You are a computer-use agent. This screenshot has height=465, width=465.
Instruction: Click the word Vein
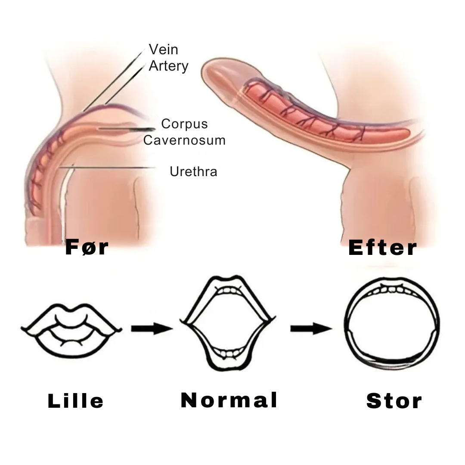click(163, 50)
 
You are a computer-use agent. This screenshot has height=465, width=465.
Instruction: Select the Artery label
click(168, 66)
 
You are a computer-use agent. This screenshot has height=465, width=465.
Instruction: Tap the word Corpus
click(184, 124)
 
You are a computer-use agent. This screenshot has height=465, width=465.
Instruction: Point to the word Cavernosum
click(184, 140)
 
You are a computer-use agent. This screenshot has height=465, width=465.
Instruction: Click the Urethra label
click(193, 171)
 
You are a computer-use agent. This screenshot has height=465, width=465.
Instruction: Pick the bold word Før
click(87, 248)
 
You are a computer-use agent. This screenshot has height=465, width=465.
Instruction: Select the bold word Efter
click(382, 248)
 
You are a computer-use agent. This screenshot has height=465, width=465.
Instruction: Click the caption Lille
click(76, 401)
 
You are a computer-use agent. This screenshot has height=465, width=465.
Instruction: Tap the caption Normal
click(229, 400)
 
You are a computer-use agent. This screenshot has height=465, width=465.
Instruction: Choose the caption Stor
click(394, 401)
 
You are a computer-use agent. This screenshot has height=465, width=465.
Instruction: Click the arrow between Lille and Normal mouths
click(152, 329)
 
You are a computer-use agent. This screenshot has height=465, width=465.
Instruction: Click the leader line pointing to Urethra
click(112, 167)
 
